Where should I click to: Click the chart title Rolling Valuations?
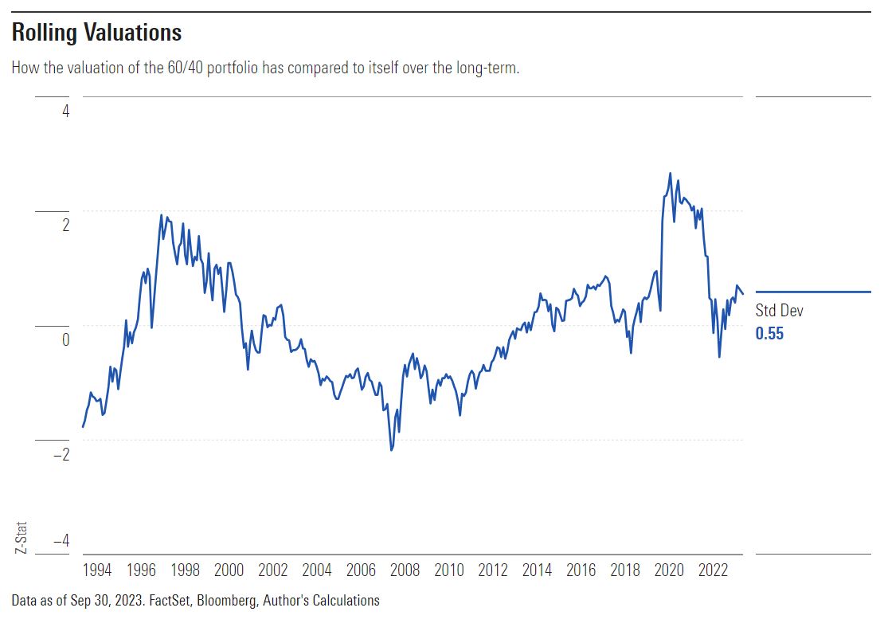[x=96, y=33]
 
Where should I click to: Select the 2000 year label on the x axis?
[x=229, y=571]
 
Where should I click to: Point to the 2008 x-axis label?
[x=405, y=571]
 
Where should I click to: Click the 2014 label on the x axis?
[x=537, y=571]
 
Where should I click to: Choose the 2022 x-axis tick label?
[x=713, y=571]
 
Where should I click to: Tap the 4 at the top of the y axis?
[x=65, y=111]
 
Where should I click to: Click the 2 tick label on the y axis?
[x=65, y=225]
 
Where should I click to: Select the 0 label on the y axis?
[x=65, y=339]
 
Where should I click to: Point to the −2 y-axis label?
[x=61, y=454]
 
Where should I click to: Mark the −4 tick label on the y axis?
[x=61, y=540]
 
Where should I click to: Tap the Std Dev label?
[x=779, y=312]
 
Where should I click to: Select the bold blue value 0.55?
[x=769, y=334]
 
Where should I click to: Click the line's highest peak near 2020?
[x=670, y=173]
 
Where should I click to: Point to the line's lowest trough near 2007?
[x=392, y=450]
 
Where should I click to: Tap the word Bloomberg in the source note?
[x=228, y=601]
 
